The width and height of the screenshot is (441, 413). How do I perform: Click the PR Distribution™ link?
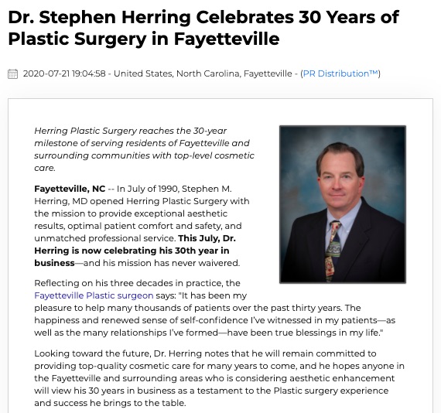pyautogui.click(x=340, y=73)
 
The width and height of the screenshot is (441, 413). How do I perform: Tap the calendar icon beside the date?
pyautogui.click(x=12, y=74)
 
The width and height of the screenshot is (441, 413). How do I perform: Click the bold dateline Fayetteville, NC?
pyautogui.click(x=70, y=188)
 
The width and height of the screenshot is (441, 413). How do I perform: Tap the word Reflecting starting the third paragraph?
pyautogui.click(x=59, y=283)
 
